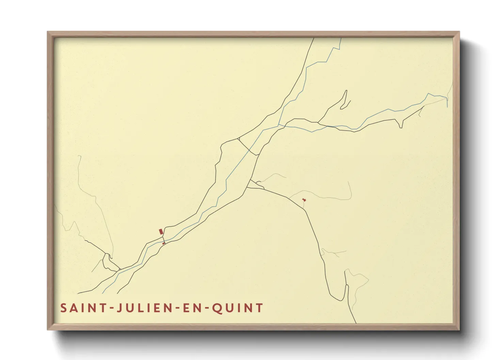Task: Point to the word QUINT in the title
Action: (237, 308)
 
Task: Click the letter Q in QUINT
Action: (217, 308)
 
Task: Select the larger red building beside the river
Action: (161, 232)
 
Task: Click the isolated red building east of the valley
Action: (304, 200)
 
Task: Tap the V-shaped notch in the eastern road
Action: (400, 126)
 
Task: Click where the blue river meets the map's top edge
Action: (341, 38)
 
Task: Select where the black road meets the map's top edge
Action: (313, 38)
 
